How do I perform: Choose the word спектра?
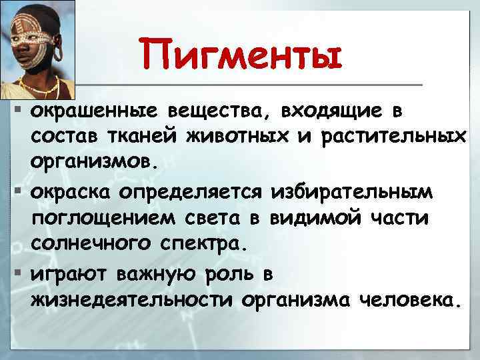200,246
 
